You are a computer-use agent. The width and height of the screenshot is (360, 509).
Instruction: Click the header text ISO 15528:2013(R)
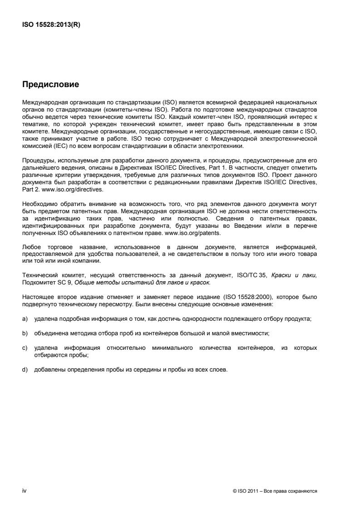click(51, 25)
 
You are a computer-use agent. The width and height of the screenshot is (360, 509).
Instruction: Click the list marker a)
click(25, 319)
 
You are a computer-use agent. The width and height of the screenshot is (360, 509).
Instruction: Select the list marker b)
click(25, 333)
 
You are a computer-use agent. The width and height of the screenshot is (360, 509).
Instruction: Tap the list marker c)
click(25, 348)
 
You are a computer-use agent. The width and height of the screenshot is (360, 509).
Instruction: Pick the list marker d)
click(25, 369)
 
